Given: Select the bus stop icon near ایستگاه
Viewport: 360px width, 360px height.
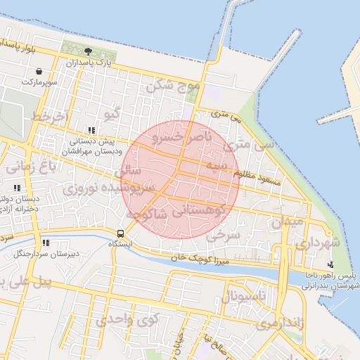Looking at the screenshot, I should coord(120,233).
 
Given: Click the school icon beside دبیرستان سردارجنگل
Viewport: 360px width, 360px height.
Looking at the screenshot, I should coord(46,243).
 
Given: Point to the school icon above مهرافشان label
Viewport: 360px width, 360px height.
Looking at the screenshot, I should coord(91,130).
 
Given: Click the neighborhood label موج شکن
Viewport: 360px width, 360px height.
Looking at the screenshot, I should coord(173,87).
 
